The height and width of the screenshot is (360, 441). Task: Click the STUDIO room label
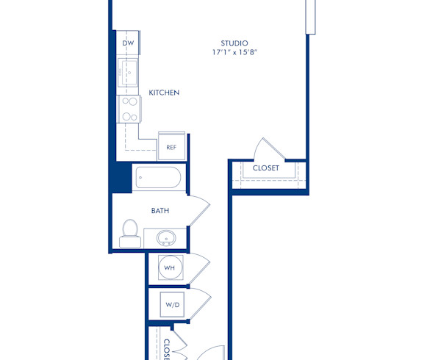pyautogui.click(x=234, y=43)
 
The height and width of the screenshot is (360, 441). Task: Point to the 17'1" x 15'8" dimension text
pyautogui.click(x=234, y=53)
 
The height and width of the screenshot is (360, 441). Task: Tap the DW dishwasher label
pyautogui.click(x=128, y=43)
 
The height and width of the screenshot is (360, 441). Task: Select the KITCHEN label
pyautogui.click(x=164, y=93)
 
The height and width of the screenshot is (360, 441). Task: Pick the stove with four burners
pyautogui.click(x=129, y=109)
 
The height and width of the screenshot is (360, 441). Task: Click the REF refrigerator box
pyautogui.click(x=171, y=147)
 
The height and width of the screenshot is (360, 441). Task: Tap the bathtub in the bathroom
pyautogui.click(x=157, y=178)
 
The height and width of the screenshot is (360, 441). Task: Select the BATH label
pyautogui.click(x=160, y=211)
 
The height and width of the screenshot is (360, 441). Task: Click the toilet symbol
pyautogui.click(x=130, y=231)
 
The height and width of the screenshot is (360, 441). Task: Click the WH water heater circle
pyautogui.click(x=169, y=268)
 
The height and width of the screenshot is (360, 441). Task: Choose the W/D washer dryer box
pyautogui.click(x=172, y=303)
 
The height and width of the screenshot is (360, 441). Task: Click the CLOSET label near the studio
pyautogui.click(x=265, y=168)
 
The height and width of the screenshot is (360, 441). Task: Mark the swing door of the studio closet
pyautogui.click(x=263, y=148)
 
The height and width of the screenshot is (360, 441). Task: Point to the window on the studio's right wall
pyautogui.click(x=310, y=16)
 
